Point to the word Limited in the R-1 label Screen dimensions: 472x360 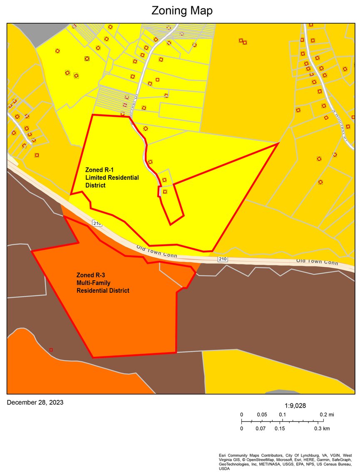pyautogui.click(x=96, y=178)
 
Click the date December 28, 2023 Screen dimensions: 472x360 pyautogui.click(x=35, y=403)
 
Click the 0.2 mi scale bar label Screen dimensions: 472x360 pyautogui.click(x=327, y=415)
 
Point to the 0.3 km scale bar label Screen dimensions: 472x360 pyautogui.click(x=322, y=428)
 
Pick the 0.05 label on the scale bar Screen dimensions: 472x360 pyautogui.click(x=262, y=415)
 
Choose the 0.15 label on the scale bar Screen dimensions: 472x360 pyautogui.click(x=280, y=428)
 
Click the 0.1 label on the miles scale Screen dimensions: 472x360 pyautogui.click(x=282, y=415)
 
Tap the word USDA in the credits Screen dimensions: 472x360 pyautogui.click(x=224, y=469)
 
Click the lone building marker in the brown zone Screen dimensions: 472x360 pyautogui.click(x=51, y=350)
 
